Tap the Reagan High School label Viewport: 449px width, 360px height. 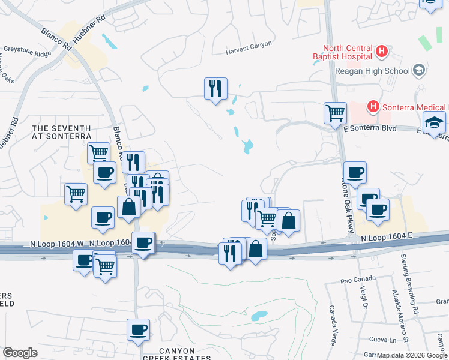tap(373, 71)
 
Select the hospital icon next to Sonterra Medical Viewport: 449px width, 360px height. tap(373, 107)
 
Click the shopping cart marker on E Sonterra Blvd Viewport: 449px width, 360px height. tap(335, 112)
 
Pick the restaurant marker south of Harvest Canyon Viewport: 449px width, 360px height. tap(215, 88)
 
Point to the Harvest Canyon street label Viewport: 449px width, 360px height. tap(249, 47)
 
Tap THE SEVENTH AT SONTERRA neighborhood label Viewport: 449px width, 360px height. tap(61, 133)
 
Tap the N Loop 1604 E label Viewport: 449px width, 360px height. tap(386, 238)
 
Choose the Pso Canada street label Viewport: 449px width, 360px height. tap(357, 279)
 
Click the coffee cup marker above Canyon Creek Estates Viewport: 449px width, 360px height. tap(138, 329)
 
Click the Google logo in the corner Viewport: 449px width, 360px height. tap(20, 353)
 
